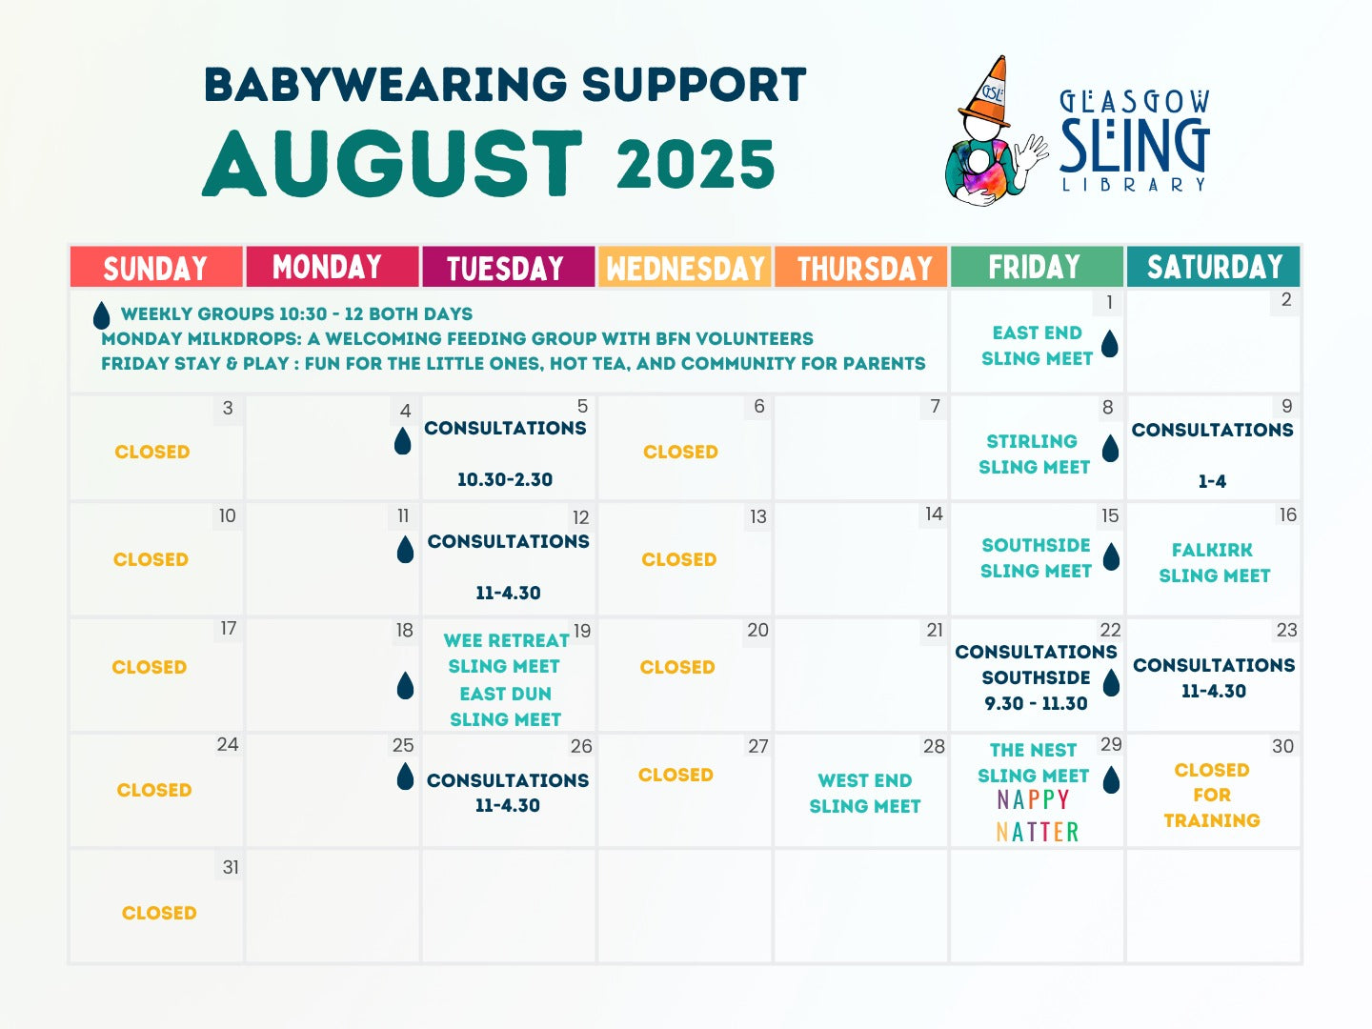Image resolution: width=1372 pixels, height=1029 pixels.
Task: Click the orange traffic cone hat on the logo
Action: [x=986, y=91]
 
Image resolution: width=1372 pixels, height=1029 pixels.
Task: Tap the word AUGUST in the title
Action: [x=392, y=163]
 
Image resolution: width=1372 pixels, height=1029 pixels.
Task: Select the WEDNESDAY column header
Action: [x=685, y=268]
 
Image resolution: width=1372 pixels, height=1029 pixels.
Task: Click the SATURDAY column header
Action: [x=1214, y=268]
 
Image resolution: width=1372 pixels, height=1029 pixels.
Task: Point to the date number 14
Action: [x=934, y=514]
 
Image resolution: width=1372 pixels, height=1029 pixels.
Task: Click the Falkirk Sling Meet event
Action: [x=1214, y=562]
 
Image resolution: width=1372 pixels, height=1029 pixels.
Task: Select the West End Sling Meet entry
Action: [x=865, y=793]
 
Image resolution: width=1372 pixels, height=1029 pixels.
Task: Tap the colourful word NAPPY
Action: [x=1033, y=799]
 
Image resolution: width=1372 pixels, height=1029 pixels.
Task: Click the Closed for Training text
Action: [x=1212, y=795]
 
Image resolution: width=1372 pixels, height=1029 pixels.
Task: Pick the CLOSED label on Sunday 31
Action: [x=159, y=913]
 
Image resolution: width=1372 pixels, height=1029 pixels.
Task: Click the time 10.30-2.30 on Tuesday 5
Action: [x=505, y=479]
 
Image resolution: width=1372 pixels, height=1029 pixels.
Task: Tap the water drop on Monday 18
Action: [x=405, y=685]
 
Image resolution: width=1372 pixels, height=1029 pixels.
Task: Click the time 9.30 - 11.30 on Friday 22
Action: [x=1036, y=703]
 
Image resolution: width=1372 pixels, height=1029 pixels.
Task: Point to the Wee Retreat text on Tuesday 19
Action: [x=506, y=640]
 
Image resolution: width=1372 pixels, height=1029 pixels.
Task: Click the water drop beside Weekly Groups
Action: [x=101, y=315]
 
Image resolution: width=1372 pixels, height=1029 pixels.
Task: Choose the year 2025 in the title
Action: [x=696, y=164]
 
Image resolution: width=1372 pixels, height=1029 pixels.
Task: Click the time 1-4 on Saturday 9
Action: [x=1212, y=481]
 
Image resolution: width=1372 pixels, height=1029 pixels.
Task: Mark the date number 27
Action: [x=758, y=746]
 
